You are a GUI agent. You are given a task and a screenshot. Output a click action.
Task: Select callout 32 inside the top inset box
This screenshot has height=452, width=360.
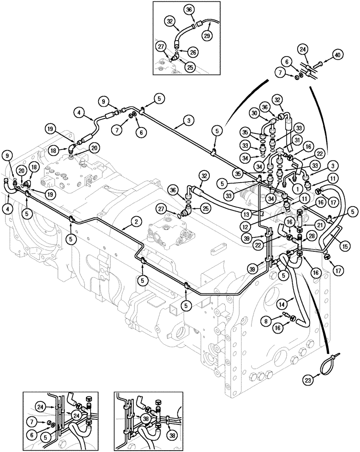170,21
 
